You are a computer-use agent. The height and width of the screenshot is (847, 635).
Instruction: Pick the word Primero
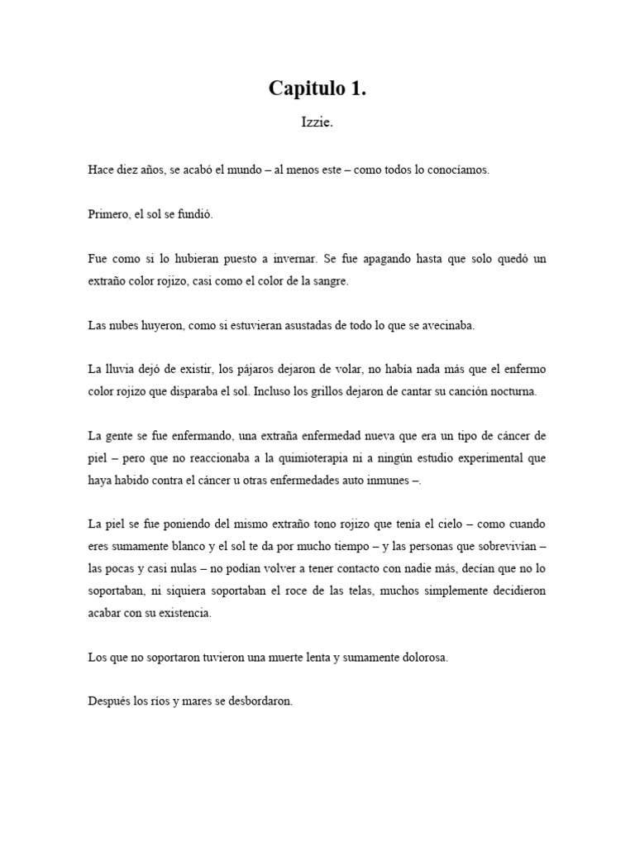[x=107, y=214]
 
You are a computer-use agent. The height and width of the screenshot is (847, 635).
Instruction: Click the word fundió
[x=194, y=214]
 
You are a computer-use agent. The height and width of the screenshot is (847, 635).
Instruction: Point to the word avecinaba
[x=447, y=325]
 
